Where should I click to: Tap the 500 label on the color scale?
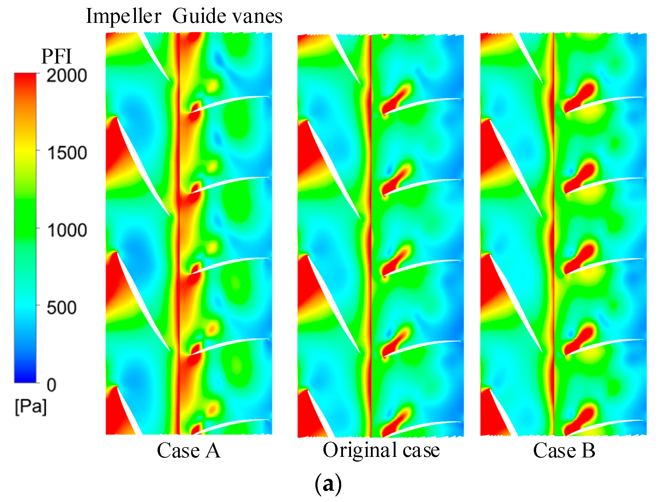pos(61,308)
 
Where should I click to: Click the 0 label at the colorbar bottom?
pos(51,385)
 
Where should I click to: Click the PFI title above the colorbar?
pos(56,56)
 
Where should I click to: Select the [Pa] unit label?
pos(31,406)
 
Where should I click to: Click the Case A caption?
pos(189,450)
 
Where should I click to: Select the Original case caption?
pos(381,450)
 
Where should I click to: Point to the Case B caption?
pos(564,450)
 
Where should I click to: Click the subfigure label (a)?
pos(328,484)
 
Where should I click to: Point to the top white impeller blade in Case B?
pos(530,57)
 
